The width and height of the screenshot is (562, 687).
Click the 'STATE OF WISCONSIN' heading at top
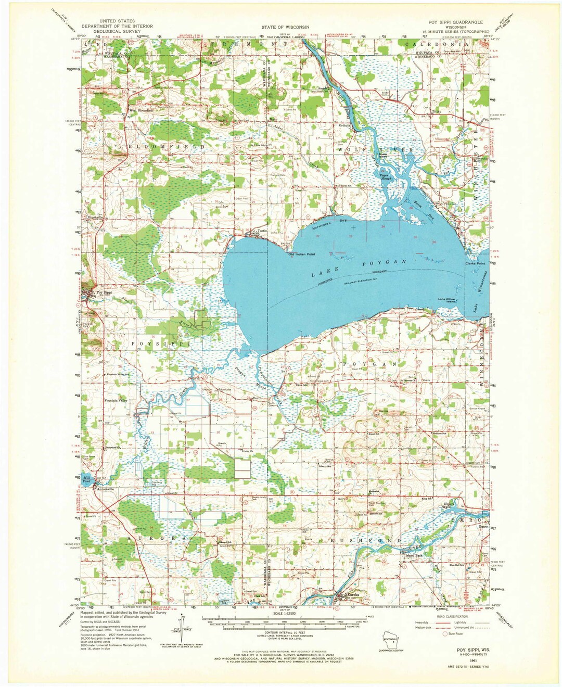click(x=286, y=27)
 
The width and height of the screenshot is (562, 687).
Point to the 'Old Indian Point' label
click(x=302, y=254)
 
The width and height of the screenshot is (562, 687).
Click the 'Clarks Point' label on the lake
click(x=475, y=264)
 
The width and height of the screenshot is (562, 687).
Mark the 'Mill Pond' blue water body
click(x=86, y=481)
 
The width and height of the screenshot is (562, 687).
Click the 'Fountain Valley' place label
click(x=116, y=401)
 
